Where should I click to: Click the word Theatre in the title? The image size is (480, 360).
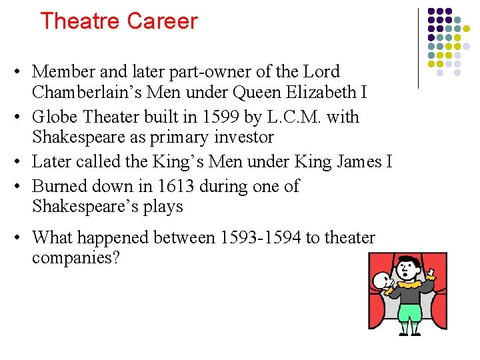point(80,21)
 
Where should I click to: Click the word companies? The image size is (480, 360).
point(76,257)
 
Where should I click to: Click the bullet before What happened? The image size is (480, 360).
point(23,237)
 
